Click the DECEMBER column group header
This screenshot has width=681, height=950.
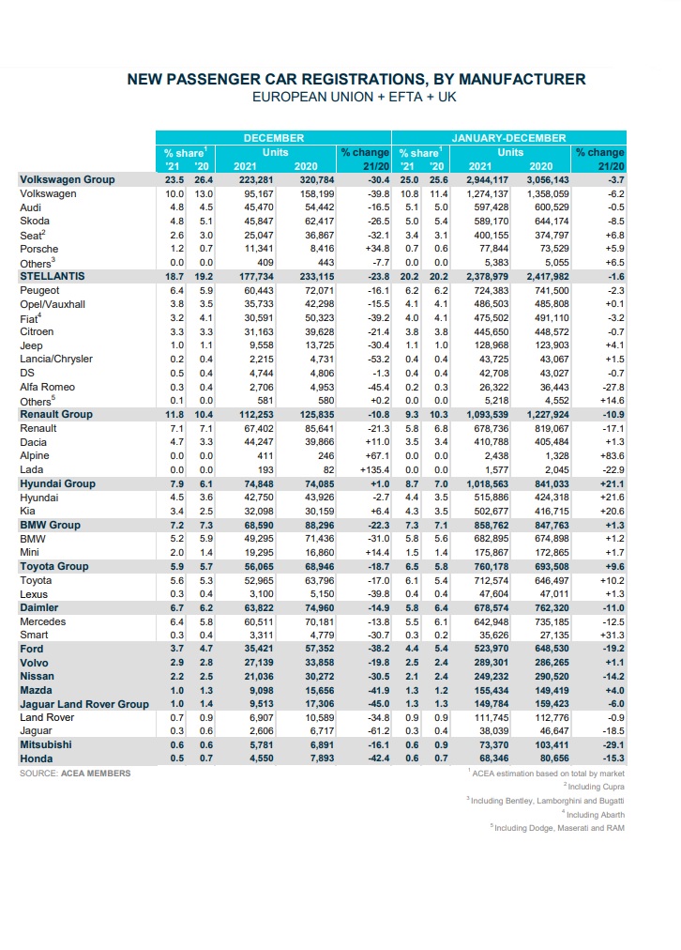point(275,138)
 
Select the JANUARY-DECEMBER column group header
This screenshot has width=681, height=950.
point(509,138)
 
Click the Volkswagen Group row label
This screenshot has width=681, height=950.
point(68,179)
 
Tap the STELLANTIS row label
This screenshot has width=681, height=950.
point(53,276)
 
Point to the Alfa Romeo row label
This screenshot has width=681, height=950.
point(49,387)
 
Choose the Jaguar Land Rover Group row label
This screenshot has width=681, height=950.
point(84,705)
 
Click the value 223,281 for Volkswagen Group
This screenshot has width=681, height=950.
point(256,179)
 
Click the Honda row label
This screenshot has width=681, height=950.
point(37,759)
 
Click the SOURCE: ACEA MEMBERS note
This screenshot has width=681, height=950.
point(75,774)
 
